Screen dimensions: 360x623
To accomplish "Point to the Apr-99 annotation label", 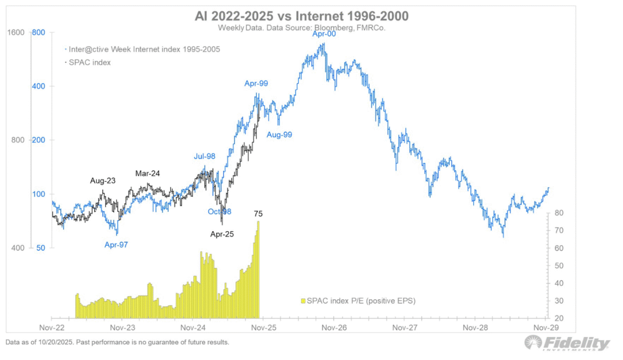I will tap(256, 84).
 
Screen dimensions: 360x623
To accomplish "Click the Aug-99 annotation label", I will tap(279, 134).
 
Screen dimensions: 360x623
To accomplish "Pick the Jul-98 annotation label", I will tap(206, 156).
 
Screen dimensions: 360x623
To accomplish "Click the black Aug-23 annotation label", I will tap(102, 181).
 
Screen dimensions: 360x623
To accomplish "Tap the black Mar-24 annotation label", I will tap(147, 173).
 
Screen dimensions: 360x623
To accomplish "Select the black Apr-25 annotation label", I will tap(222, 234).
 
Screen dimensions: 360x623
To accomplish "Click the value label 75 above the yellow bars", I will tap(259, 213).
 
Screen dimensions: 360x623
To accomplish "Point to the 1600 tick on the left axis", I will tap(16, 32).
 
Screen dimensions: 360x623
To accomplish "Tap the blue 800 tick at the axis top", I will tap(38, 32).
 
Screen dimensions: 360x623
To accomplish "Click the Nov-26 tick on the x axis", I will tap(334, 327).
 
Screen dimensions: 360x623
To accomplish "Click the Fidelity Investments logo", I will tap(567, 344).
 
